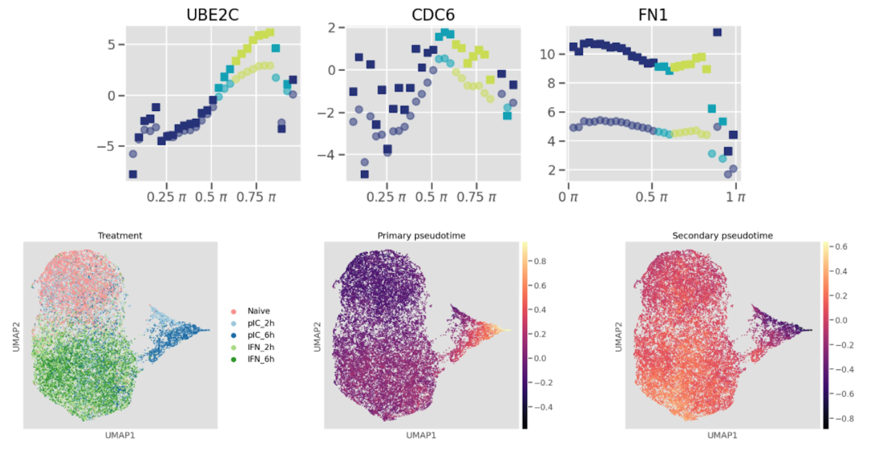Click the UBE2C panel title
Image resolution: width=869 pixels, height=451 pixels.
(212, 15)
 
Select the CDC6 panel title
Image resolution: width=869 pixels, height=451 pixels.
(433, 15)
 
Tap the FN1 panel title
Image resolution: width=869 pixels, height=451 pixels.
(653, 15)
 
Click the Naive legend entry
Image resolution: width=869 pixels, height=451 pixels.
(258, 311)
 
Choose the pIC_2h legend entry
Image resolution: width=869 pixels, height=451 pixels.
(261, 323)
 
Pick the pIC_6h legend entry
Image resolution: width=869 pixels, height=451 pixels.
(261, 335)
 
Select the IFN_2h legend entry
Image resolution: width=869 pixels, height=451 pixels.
(261, 347)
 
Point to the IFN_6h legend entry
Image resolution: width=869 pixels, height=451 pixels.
(261, 359)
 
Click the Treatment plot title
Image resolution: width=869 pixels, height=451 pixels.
(120, 235)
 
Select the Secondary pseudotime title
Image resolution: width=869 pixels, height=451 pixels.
(722, 235)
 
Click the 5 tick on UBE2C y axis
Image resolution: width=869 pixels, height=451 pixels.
(111, 45)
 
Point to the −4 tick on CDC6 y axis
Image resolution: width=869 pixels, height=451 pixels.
(326, 155)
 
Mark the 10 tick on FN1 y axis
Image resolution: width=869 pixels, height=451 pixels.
(547, 54)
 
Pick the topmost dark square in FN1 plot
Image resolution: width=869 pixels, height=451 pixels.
(717, 32)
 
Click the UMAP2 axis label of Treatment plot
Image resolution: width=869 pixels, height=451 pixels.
(16, 337)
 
